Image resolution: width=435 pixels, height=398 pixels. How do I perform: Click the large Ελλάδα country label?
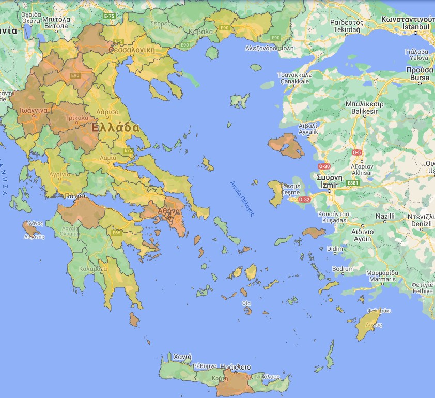[x=115, y=127]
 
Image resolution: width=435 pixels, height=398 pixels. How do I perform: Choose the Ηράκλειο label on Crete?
[x=236, y=367]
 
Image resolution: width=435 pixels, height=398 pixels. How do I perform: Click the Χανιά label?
[x=183, y=357]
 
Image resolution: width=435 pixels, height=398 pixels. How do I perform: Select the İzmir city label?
[x=327, y=185]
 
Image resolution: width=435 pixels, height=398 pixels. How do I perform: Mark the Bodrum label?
[x=343, y=269]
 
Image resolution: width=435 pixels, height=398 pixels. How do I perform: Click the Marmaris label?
[x=381, y=279]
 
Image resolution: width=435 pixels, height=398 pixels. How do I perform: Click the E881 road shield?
[x=353, y=183]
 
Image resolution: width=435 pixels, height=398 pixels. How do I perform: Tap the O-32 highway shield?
[x=305, y=199]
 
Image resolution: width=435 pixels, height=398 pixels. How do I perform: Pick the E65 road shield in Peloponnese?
[x=116, y=233]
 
